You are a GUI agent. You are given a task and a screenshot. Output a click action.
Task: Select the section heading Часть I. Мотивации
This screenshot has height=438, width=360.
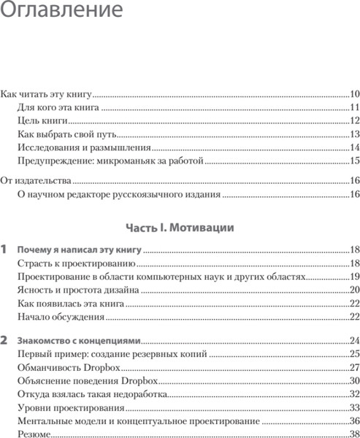point(180,228)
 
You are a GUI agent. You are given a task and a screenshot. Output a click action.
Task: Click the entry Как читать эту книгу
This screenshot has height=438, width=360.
point(46,94)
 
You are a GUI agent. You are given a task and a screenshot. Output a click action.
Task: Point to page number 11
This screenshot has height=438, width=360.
point(354,107)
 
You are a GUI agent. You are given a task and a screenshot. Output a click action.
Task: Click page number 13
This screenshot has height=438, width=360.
point(354,134)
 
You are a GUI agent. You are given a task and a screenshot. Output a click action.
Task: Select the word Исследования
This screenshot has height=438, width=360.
point(46,147)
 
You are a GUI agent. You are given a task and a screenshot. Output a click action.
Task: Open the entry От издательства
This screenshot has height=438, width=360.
point(35,180)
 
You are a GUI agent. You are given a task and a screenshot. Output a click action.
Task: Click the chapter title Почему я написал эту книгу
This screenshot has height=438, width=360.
point(80,250)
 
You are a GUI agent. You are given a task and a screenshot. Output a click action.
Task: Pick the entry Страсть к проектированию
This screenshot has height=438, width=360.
point(77,264)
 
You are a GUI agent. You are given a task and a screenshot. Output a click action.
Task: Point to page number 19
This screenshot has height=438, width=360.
point(354,277)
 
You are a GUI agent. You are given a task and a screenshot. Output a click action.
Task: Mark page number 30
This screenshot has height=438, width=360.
point(354,381)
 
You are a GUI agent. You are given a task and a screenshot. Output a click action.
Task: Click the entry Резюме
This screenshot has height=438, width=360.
point(34,434)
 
